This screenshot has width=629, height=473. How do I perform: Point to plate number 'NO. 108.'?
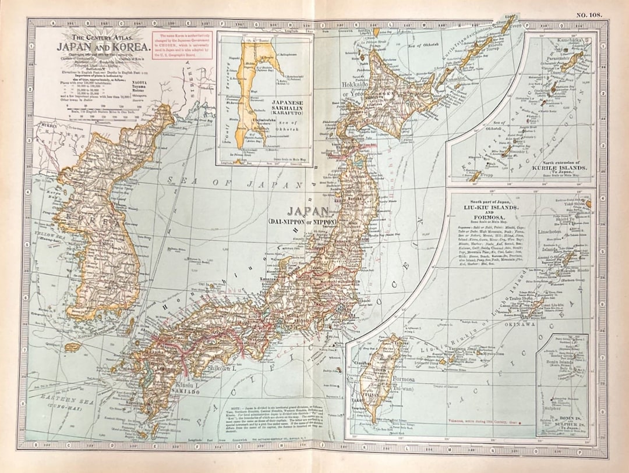click(x=588, y=15)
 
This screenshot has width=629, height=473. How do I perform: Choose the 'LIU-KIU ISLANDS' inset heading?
click(x=491, y=207)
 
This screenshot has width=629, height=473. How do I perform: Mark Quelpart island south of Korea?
click(x=73, y=347)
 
